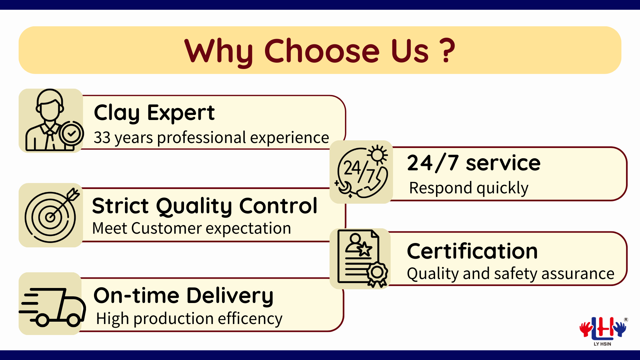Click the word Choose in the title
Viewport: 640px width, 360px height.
click(x=322, y=51)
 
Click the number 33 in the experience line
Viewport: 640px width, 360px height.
click(x=102, y=138)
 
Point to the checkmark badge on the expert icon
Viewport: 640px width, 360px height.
click(x=71, y=133)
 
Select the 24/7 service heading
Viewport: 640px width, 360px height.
click(x=474, y=163)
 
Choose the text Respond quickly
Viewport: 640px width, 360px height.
click(x=469, y=188)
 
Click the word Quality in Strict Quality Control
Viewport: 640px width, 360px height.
click(x=194, y=206)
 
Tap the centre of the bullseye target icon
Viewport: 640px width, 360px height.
click(x=50, y=217)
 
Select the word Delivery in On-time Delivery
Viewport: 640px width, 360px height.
click(x=230, y=296)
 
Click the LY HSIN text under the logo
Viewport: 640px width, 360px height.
click(x=602, y=344)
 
